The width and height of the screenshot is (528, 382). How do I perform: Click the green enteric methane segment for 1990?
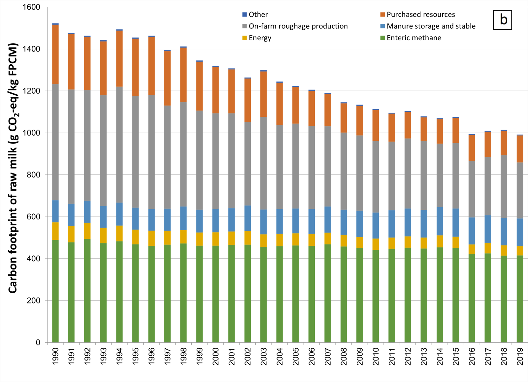coord(55,290)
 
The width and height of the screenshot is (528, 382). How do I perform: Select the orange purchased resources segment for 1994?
coord(119,58)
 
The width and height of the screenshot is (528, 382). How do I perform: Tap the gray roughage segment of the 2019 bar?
coord(520,190)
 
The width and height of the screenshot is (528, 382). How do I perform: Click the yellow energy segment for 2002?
coord(247,238)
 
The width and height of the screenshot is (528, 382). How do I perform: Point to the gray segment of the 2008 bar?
coord(344,171)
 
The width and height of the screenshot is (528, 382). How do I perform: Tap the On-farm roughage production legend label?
coord(298,26)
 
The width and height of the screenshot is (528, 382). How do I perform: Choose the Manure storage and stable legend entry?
coord(431,26)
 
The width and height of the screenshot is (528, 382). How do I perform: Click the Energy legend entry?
coord(260,38)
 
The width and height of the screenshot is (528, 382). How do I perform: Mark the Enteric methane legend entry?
coord(413,38)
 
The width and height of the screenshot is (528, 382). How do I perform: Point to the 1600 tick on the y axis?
coord(31,7)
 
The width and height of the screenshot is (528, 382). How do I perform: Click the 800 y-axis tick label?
coord(33,175)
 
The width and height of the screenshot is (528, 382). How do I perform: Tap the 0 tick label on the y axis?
coord(38,342)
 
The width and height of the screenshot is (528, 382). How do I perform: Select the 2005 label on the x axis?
coord(296,356)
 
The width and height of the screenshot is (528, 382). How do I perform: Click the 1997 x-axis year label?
coord(168,356)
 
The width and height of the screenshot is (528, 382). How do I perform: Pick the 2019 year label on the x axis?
coord(520,356)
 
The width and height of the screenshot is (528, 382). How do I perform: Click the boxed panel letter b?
coord(503,20)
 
